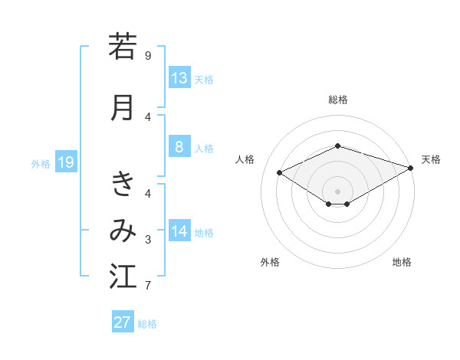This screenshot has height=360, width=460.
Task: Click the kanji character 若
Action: pos(123,47)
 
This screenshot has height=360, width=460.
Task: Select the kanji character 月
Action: pos(123,106)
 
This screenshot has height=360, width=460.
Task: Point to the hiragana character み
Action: pos(123,231)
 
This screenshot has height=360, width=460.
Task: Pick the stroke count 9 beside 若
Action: pos(148,56)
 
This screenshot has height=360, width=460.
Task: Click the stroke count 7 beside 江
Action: pos(148,286)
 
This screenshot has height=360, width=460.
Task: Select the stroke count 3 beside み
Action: pos(148,241)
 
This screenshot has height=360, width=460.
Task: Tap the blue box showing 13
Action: pos(179,77)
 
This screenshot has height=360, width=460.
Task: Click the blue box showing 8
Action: pos(179,147)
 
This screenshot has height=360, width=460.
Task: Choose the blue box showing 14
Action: pos(179,231)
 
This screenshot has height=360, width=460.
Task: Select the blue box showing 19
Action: pos(65,162)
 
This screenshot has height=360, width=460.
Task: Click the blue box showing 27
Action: pos(123,322)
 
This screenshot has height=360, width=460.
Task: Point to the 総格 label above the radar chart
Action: pos(338,100)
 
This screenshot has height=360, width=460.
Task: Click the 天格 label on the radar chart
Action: pos(431,159)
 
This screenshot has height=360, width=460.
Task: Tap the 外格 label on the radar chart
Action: pos(270,262)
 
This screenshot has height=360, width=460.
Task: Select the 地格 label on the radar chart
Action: pos(402,262)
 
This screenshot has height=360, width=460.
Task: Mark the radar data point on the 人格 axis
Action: pos(280,172)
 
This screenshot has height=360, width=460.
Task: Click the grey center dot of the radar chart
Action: pos(338,191)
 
